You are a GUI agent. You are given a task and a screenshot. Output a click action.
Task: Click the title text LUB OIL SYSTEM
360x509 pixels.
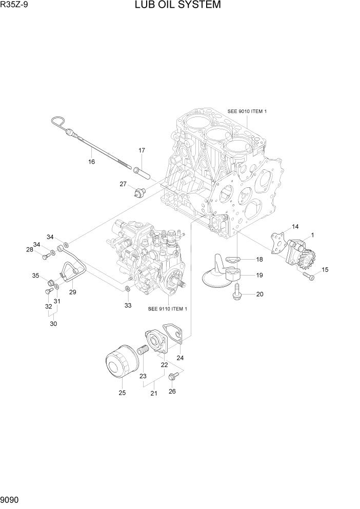tap(178, 6)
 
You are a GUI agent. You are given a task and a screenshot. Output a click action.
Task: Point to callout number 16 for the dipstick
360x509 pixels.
tap(92, 162)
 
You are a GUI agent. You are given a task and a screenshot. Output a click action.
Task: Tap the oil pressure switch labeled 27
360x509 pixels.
tap(139, 192)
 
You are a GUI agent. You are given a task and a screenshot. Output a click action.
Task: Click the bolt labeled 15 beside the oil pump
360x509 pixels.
tap(308, 276)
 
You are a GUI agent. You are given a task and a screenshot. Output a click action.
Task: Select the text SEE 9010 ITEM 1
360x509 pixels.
tap(247, 111)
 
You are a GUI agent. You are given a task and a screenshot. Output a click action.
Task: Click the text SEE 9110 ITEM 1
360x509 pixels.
tap(167, 309)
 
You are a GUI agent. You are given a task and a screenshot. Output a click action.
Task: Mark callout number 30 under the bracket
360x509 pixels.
tap(53, 324)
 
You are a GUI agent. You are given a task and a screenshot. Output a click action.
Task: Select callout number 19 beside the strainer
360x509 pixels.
tap(259, 276)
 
